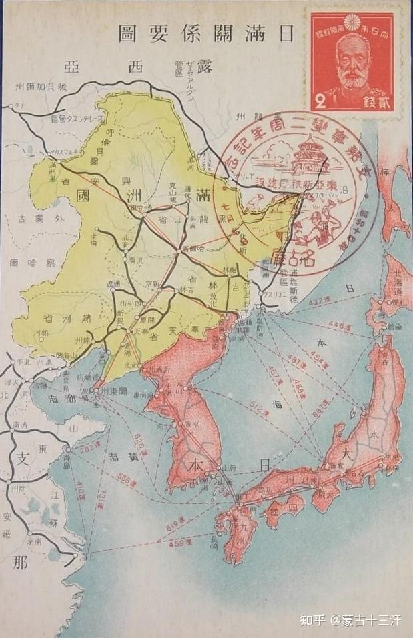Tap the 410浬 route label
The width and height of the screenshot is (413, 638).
point(79,493)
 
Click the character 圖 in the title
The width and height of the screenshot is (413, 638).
point(127,33)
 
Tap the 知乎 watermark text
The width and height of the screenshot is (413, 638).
point(315,621)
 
